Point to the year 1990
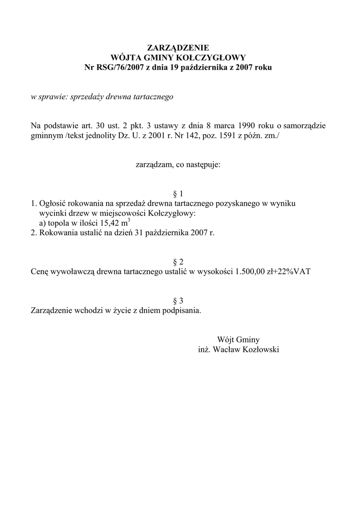pos(247,126)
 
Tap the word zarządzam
pos(153,164)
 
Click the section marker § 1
pos(178,194)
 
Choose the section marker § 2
pos(178,262)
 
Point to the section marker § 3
pos(178,301)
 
